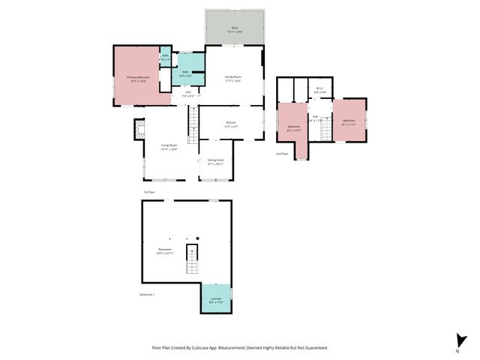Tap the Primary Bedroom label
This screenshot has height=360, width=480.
(138, 78)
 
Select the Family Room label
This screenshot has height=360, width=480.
(233, 78)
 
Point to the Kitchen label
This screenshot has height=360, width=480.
(231, 125)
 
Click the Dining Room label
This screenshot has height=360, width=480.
(216, 161)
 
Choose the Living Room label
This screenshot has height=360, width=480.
(169, 147)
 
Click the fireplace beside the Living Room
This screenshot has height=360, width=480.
(139, 130)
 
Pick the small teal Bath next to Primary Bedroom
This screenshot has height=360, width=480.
(165, 58)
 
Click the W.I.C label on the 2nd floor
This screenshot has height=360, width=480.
(319, 90)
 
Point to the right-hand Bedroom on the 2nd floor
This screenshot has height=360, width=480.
(349, 122)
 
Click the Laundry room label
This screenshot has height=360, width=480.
(216, 299)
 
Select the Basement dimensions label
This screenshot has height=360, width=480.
(165, 253)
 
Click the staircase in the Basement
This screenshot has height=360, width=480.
(193, 259)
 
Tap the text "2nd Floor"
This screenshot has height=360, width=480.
(283, 153)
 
